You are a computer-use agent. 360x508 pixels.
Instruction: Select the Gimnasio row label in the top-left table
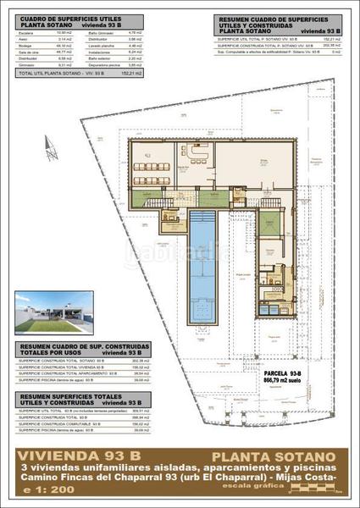tap(27, 63)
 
